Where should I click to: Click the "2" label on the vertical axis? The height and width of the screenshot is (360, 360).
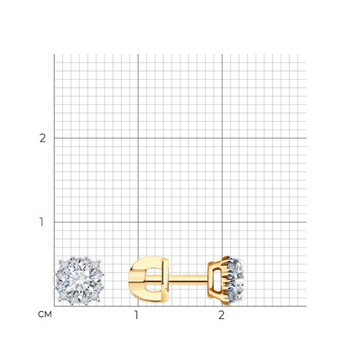pos(42,138)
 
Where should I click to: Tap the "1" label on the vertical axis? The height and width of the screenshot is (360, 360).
pos(42,222)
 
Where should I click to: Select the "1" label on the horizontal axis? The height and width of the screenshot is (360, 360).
pos(136,315)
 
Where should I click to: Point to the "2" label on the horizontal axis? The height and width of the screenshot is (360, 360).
pos(221,315)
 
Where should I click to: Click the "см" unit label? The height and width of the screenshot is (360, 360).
pos(45,315)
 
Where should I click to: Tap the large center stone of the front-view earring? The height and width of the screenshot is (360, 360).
pos(79,281)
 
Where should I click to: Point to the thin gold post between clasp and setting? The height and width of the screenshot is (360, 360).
pos(189,279)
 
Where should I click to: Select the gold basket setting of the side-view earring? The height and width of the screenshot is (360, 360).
pos(217,280)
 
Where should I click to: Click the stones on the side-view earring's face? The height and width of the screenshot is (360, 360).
pos(235,281)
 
